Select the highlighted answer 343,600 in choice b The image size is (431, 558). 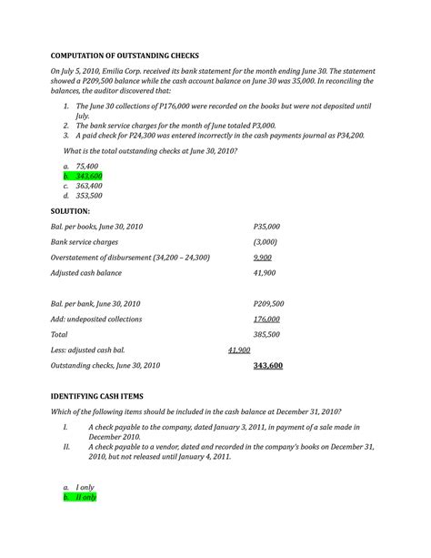[88, 176]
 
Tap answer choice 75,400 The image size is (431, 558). [87, 166]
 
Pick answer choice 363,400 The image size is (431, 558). [89, 186]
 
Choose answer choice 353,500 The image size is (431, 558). [89, 196]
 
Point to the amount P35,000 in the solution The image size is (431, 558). [266, 227]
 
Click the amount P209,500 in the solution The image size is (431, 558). [268, 303]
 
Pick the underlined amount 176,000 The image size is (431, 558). [266, 320]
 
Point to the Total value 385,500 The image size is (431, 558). [266, 334]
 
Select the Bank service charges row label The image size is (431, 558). [85, 242]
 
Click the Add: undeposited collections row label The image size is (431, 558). [105, 320]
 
